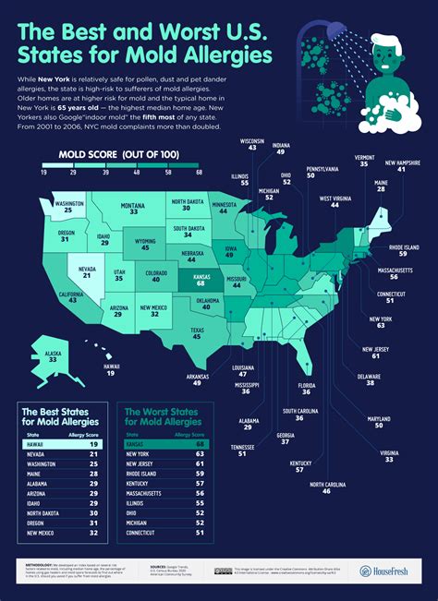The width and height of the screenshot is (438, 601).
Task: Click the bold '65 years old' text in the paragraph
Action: (97, 108)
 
